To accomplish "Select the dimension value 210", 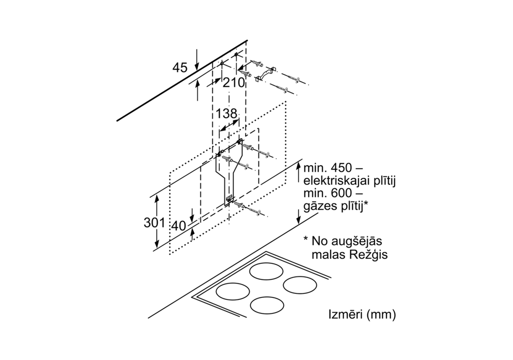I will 234,83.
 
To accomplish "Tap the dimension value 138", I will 227,114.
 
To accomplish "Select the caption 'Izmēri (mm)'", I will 362,315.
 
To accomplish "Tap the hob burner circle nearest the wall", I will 266,271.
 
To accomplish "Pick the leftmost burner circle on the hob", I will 233,291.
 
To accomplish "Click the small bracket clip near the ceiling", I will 265,74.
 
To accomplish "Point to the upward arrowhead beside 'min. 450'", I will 299,167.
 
